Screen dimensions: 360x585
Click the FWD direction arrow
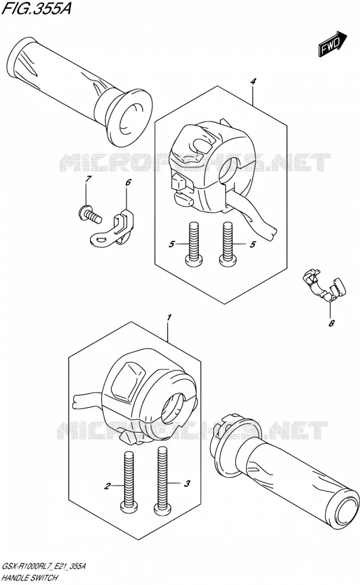tap(332, 45)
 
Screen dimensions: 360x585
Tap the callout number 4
tap(253, 81)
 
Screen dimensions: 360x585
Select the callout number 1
tap(169, 318)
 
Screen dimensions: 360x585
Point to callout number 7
tap(87, 179)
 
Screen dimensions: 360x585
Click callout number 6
tap(128, 182)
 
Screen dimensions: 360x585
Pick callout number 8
tap(331, 323)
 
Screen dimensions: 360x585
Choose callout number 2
tap(108, 486)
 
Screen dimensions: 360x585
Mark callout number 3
tap(187, 484)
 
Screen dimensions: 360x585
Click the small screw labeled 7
tap(90, 215)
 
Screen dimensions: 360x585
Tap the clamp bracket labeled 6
tap(112, 228)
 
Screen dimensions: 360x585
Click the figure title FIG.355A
tap(37, 8)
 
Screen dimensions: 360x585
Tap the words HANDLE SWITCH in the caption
tap(30, 578)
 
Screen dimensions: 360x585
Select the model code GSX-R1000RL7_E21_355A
tap(45, 567)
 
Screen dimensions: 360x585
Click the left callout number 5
tap(171, 244)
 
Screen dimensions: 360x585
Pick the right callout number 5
tap(253, 244)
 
